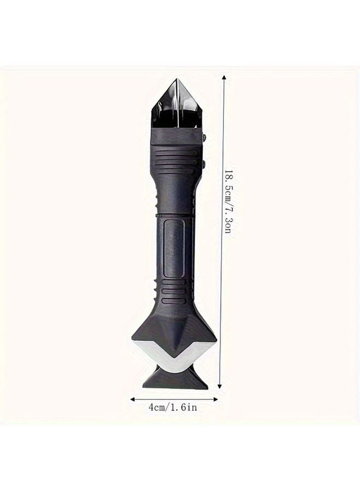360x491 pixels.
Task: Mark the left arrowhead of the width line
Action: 133,399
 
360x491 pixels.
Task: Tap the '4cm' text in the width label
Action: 158,408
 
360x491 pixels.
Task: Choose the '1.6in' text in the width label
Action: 185,408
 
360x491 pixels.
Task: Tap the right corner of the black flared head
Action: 217,335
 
